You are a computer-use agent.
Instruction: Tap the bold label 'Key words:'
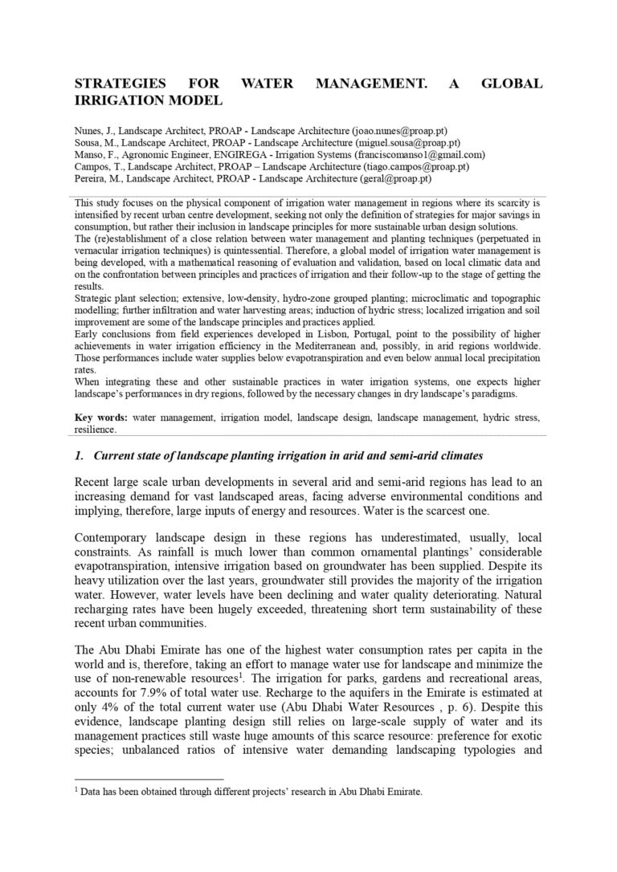pos(101,418)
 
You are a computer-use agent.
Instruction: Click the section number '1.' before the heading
pos(79,456)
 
